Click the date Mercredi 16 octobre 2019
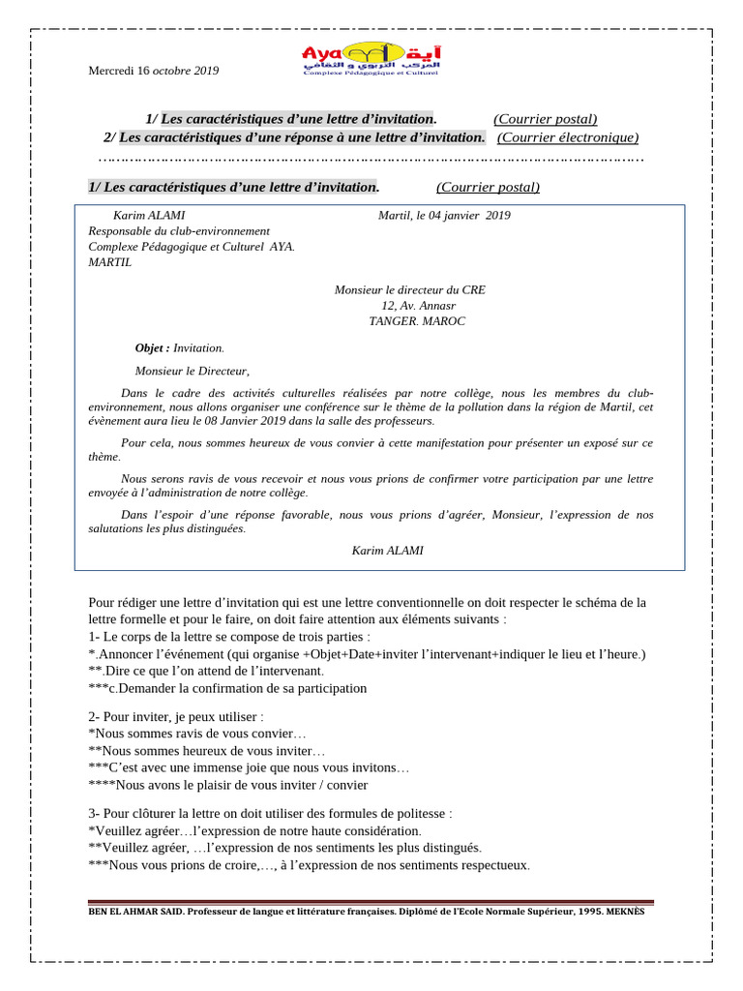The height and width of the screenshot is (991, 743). coord(154,71)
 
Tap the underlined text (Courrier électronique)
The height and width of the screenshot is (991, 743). coord(568,137)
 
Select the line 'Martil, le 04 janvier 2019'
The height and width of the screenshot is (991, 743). coord(444,215)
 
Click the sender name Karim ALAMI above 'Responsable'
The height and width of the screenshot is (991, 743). coord(149,215)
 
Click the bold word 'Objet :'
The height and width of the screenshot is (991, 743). coord(152,347)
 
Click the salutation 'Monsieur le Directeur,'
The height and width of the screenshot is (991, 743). coord(192,370)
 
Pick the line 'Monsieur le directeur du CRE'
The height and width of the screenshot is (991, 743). coord(409,289)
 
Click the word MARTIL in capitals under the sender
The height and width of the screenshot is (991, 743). coord(109,261)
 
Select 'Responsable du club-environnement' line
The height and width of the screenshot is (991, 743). coord(179,230)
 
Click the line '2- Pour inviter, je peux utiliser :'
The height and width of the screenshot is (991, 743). coord(175,716)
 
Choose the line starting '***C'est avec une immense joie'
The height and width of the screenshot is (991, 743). coord(249,767)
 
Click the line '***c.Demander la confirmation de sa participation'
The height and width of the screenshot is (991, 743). coord(227,688)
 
